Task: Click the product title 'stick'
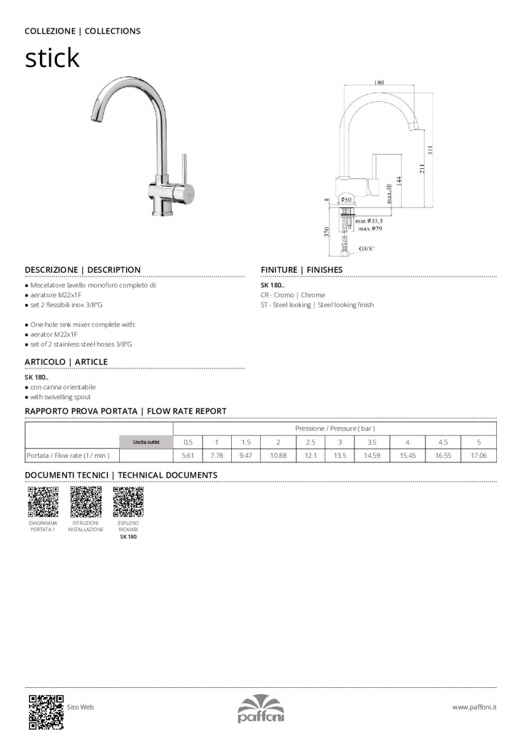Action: [x=52, y=58]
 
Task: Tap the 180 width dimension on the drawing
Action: [x=379, y=82]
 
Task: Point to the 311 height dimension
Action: [x=430, y=149]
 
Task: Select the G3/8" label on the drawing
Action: [x=367, y=249]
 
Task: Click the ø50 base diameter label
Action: [x=346, y=200]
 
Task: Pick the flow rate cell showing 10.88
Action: [x=278, y=456]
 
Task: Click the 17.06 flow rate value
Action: [x=478, y=456]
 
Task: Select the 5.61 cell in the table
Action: [x=188, y=456]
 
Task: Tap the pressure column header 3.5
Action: [x=372, y=442]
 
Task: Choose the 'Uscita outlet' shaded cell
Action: [x=146, y=442]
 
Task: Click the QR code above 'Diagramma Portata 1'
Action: [x=43, y=502]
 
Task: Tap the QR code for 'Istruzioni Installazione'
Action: [x=85, y=502]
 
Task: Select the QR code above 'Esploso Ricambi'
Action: [x=128, y=502]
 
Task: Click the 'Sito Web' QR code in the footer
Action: [x=46, y=711]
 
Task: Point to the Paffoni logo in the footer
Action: [x=261, y=709]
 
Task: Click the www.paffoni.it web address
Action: [x=474, y=708]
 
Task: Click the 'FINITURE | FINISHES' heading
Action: [x=301, y=270]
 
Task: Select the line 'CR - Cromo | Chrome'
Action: [x=293, y=295]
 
